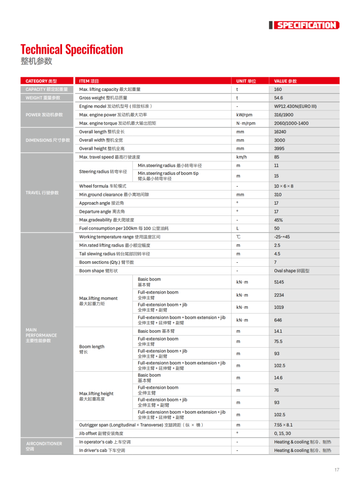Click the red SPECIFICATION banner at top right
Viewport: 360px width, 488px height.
[306, 25]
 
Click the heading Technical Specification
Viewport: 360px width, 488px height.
[72, 49]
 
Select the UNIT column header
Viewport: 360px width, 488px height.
[246, 81]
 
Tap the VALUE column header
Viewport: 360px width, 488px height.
[285, 81]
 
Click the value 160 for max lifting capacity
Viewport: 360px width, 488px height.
[278, 89]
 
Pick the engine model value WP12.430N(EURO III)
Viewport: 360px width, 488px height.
[295, 106]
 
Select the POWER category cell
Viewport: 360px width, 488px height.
[44, 115]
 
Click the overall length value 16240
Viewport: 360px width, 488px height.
[280, 132]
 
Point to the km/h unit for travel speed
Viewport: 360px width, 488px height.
[241, 157]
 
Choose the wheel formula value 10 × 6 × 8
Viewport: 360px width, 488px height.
[284, 186]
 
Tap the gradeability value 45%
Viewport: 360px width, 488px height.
[278, 220]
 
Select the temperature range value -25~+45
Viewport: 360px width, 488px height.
[282, 237]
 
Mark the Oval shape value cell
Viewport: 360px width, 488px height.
[292, 271]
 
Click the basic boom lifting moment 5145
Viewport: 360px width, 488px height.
[279, 282]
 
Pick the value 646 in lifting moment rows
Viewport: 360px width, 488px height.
[278, 320]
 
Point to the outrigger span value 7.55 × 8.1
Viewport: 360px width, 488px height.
[283, 425]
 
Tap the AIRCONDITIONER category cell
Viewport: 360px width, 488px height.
[44, 446]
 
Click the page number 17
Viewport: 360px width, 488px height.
[337, 470]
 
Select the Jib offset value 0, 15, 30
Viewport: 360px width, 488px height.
[282, 433]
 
